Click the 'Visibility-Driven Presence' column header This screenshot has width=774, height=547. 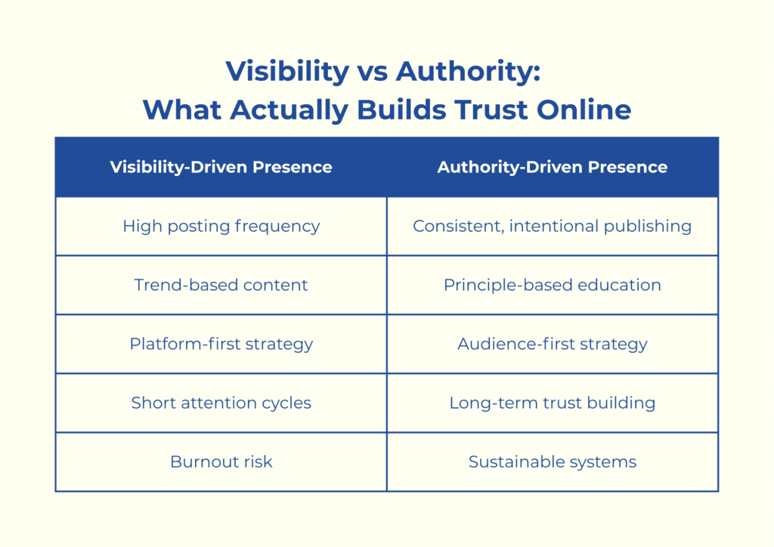tap(221, 167)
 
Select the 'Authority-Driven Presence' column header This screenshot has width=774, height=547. tap(553, 167)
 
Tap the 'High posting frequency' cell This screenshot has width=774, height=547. tap(221, 226)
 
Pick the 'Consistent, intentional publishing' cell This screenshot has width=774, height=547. tap(553, 226)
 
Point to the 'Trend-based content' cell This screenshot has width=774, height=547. tap(221, 285)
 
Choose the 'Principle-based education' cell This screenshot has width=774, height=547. tap(553, 285)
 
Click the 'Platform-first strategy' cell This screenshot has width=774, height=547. tap(221, 344)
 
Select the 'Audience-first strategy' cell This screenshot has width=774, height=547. tap(553, 344)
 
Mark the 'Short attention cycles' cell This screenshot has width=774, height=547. tap(221, 403)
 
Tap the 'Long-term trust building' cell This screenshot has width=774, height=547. tap(553, 403)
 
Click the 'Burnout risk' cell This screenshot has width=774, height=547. tap(221, 462)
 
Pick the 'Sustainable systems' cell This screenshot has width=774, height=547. tap(553, 462)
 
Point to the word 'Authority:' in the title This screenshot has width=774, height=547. tap(469, 73)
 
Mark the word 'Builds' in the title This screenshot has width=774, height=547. tap(398, 110)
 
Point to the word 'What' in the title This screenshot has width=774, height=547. tap(182, 110)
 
